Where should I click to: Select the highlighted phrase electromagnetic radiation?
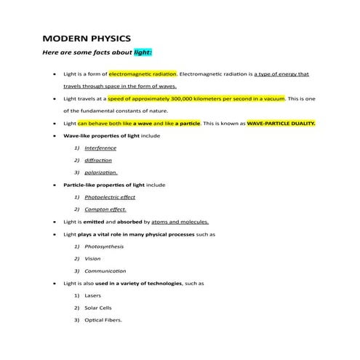[x=143, y=74]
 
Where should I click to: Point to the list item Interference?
[x=100, y=148]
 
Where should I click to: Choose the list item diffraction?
[x=98, y=160]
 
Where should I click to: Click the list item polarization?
[x=101, y=172]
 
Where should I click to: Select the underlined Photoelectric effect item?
[x=110, y=197]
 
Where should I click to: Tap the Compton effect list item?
[x=105, y=209]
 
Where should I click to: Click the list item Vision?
[x=93, y=259]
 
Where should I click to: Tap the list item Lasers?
[x=94, y=296]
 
